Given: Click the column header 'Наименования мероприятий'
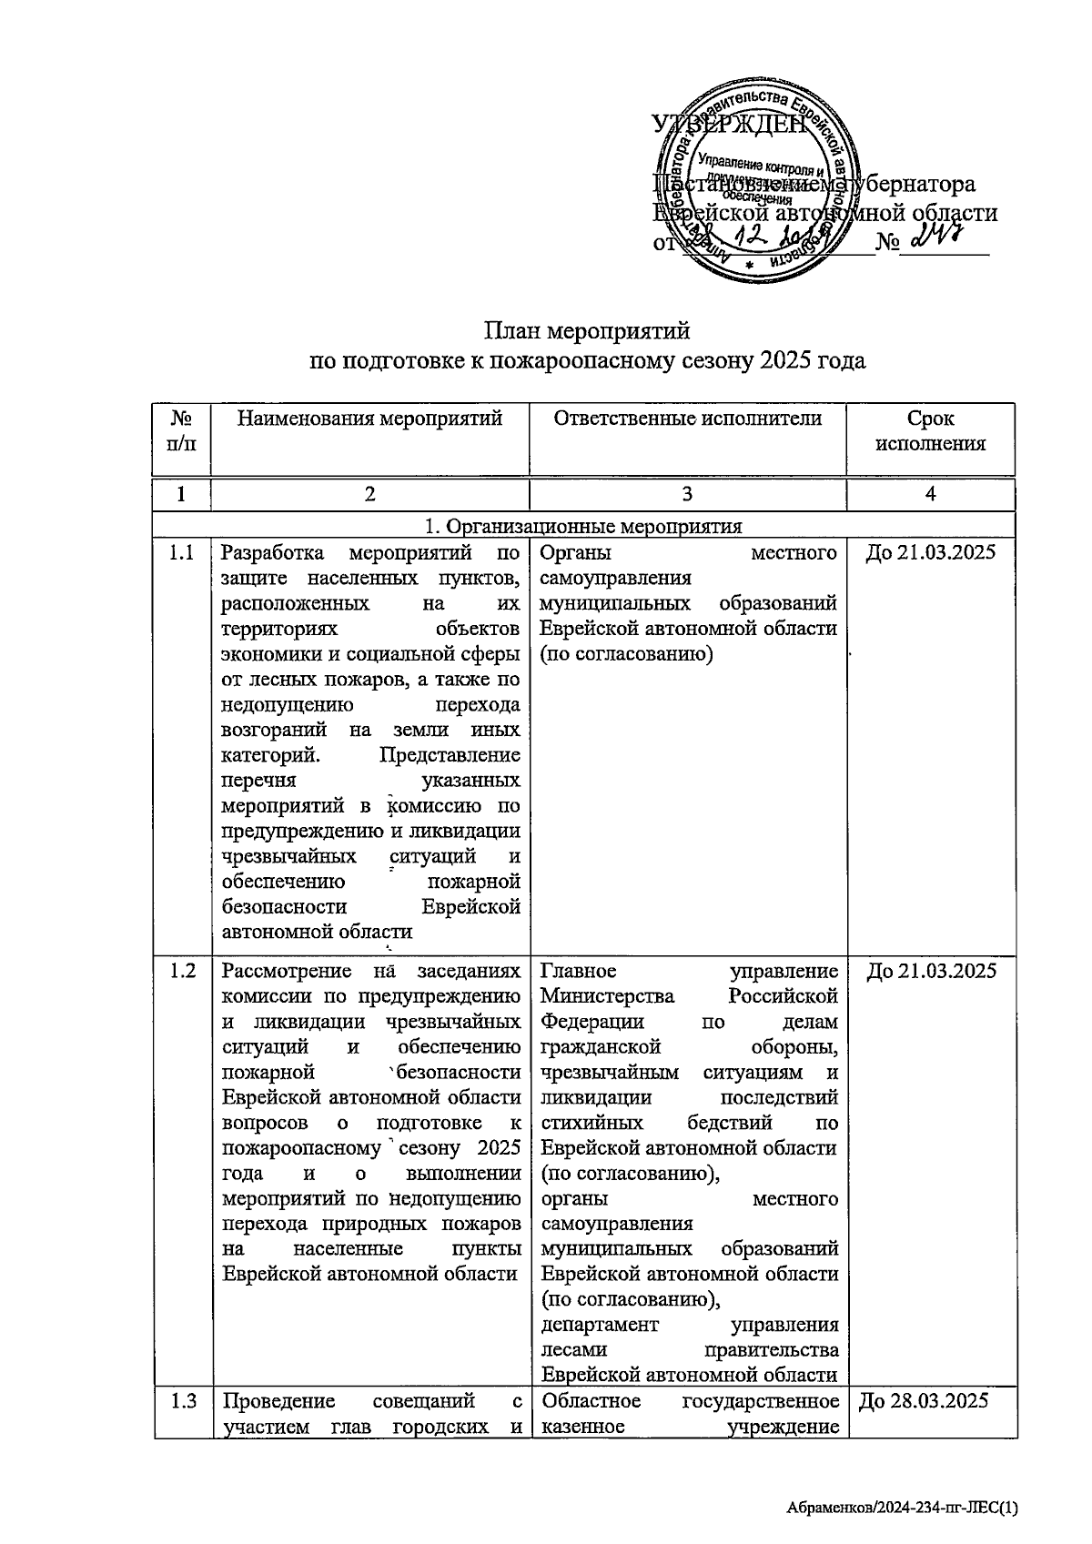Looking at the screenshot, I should point(369,419).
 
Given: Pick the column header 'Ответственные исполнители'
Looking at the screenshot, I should point(687,419).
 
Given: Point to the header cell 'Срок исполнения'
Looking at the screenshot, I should point(930,431).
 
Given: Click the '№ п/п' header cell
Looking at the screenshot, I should point(182,431).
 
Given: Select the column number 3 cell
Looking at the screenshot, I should point(687,494).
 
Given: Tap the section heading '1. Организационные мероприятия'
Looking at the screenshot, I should point(583,526).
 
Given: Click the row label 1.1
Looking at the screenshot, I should point(182,552).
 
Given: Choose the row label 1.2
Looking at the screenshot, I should point(182,970).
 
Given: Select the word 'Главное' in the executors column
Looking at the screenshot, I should point(578,970).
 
